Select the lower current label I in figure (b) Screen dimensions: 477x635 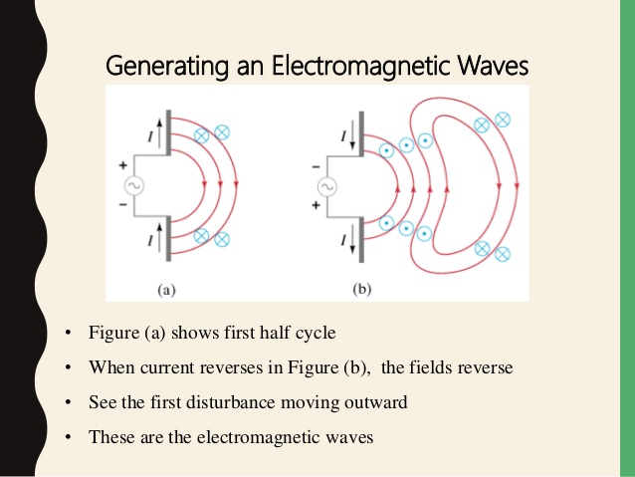point(343,240)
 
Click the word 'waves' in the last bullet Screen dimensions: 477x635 point(348,437)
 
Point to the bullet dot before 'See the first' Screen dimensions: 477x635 point(67,402)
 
